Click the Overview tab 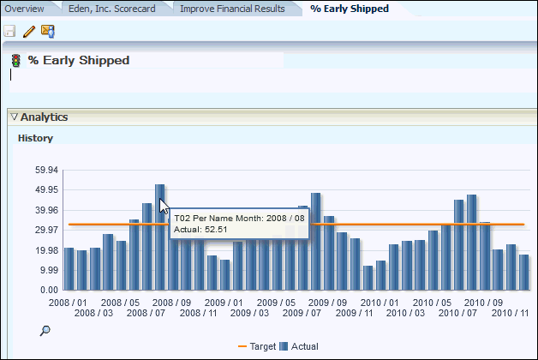24,9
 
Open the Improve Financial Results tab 231,9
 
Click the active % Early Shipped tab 349,9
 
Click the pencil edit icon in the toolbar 28,32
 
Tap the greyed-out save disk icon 9,32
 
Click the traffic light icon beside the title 15,61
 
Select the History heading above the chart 35,137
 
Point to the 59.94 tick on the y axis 45,170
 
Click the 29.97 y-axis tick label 45,230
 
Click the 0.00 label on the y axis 49,290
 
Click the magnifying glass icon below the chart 45,330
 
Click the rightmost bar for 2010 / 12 523,272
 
